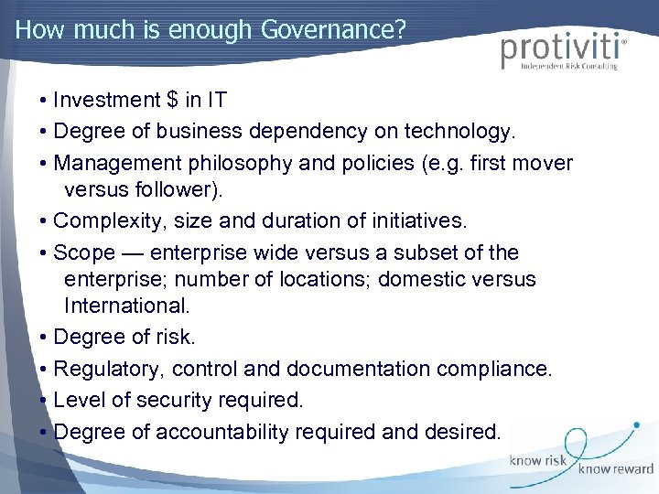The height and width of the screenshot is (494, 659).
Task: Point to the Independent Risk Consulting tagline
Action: [568, 67]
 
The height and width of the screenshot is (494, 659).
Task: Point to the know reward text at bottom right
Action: [615, 468]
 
